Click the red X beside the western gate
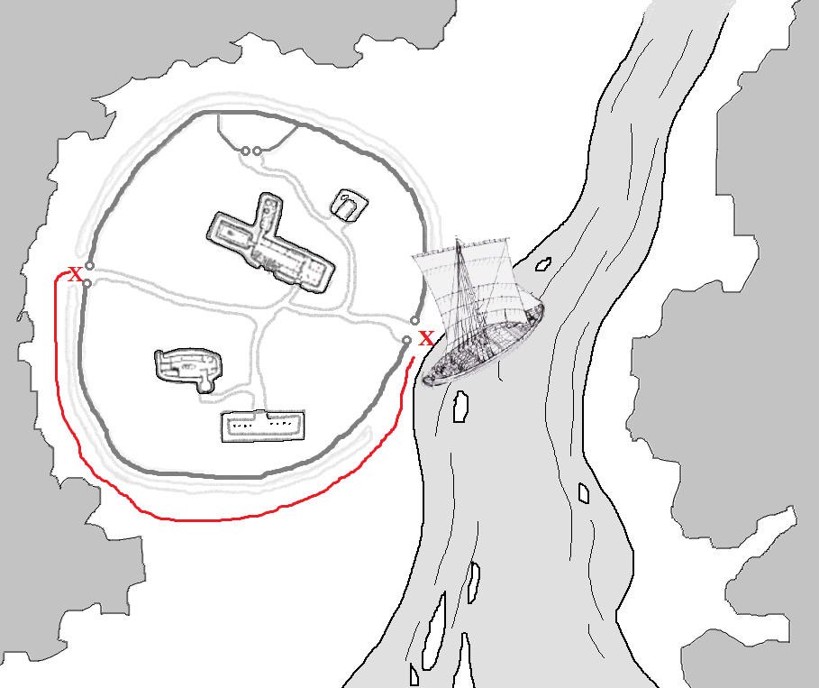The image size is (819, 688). pyautogui.click(x=76, y=274)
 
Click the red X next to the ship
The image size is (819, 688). pyautogui.click(x=426, y=338)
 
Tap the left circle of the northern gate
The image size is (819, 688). pyautogui.click(x=245, y=151)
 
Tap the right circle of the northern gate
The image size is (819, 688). pyautogui.click(x=257, y=151)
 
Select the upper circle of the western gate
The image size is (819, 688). pyautogui.click(x=89, y=266)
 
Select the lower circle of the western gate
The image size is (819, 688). pyautogui.click(x=87, y=284)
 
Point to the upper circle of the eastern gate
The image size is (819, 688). pyautogui.click(x=414, y=320)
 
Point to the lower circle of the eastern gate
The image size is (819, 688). pyautogui.click(x=407, y=340)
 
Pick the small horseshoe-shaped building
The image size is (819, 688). pyautogui.click(x=349, y=206)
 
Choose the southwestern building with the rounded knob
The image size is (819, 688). pyautogui.click(x=189, y=369)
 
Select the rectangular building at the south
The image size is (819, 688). pyautogui.click(x=263, y=427)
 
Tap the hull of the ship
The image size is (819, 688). pyautogui.click(x=483, y=348)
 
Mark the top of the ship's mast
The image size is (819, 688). pyautogui.click(x=458, y=240)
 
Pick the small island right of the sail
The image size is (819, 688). pyautogui.click(x=543, y=264)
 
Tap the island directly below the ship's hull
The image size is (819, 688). pyautogui.click(x=460, y=406)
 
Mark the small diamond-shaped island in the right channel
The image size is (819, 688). pyautogui.click(x=584, y=493)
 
